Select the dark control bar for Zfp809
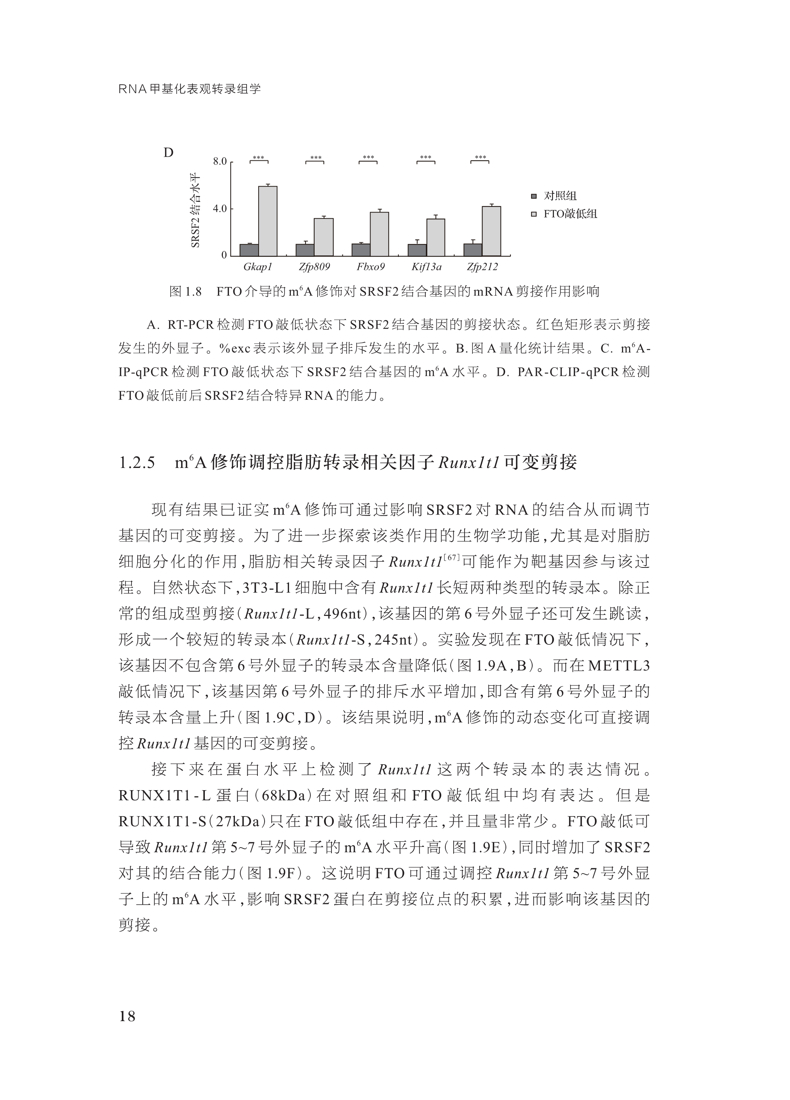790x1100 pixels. (x=305, y=250)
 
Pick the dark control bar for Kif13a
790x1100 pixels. (x=417, y=250)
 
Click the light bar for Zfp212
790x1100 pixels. (x=492, y=231)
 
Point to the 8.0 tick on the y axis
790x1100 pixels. (x=220, y=161)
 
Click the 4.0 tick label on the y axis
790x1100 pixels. (x=220, y=209)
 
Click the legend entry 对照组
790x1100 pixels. (x=560, y=196)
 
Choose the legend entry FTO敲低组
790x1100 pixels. (x=570, y=214)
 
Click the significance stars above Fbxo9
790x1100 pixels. (x=368, y=158)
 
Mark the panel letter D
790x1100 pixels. (x=168, y=153)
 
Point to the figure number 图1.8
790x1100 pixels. (x=185, y=291)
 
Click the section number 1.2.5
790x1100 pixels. (x=137, y=463)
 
